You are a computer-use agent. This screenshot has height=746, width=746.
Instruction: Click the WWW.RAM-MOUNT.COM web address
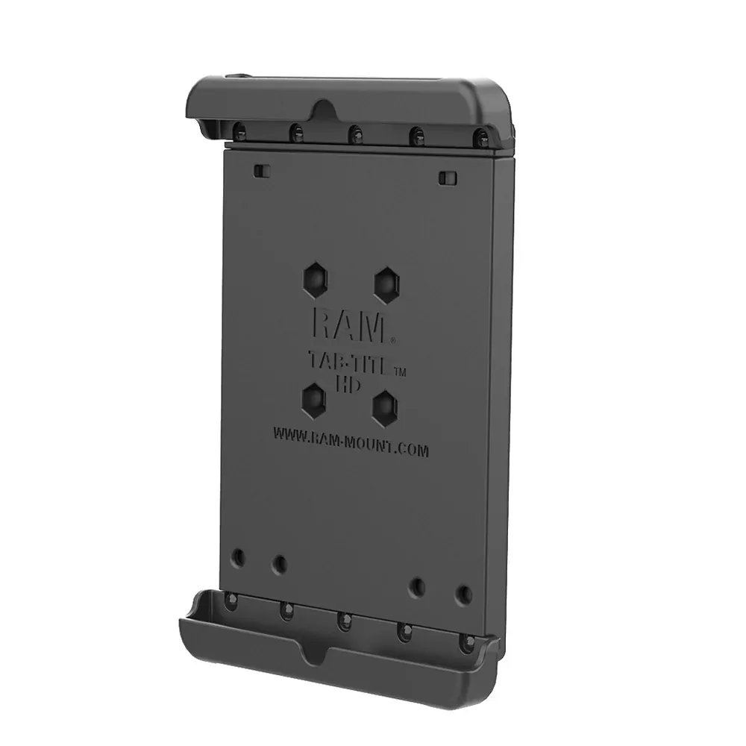351,442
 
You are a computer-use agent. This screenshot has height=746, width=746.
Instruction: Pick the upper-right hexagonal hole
386,286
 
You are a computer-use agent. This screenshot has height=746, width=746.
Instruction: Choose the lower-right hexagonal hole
384,408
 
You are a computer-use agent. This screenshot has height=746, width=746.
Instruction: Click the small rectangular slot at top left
262,171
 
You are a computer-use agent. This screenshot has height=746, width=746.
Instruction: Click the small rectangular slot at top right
446,178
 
